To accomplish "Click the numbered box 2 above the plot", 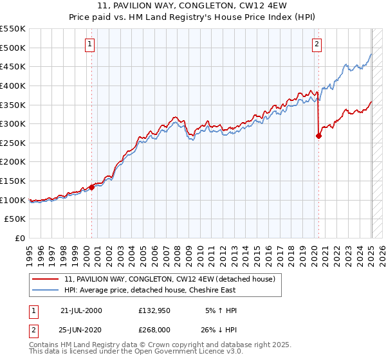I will [317, 44].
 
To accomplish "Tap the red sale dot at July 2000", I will [92, 188].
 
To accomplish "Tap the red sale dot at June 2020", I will [318, 136].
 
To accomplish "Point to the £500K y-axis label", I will [13, 48].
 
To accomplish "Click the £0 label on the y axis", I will [20, 238].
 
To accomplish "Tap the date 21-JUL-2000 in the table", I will [80, 310].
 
